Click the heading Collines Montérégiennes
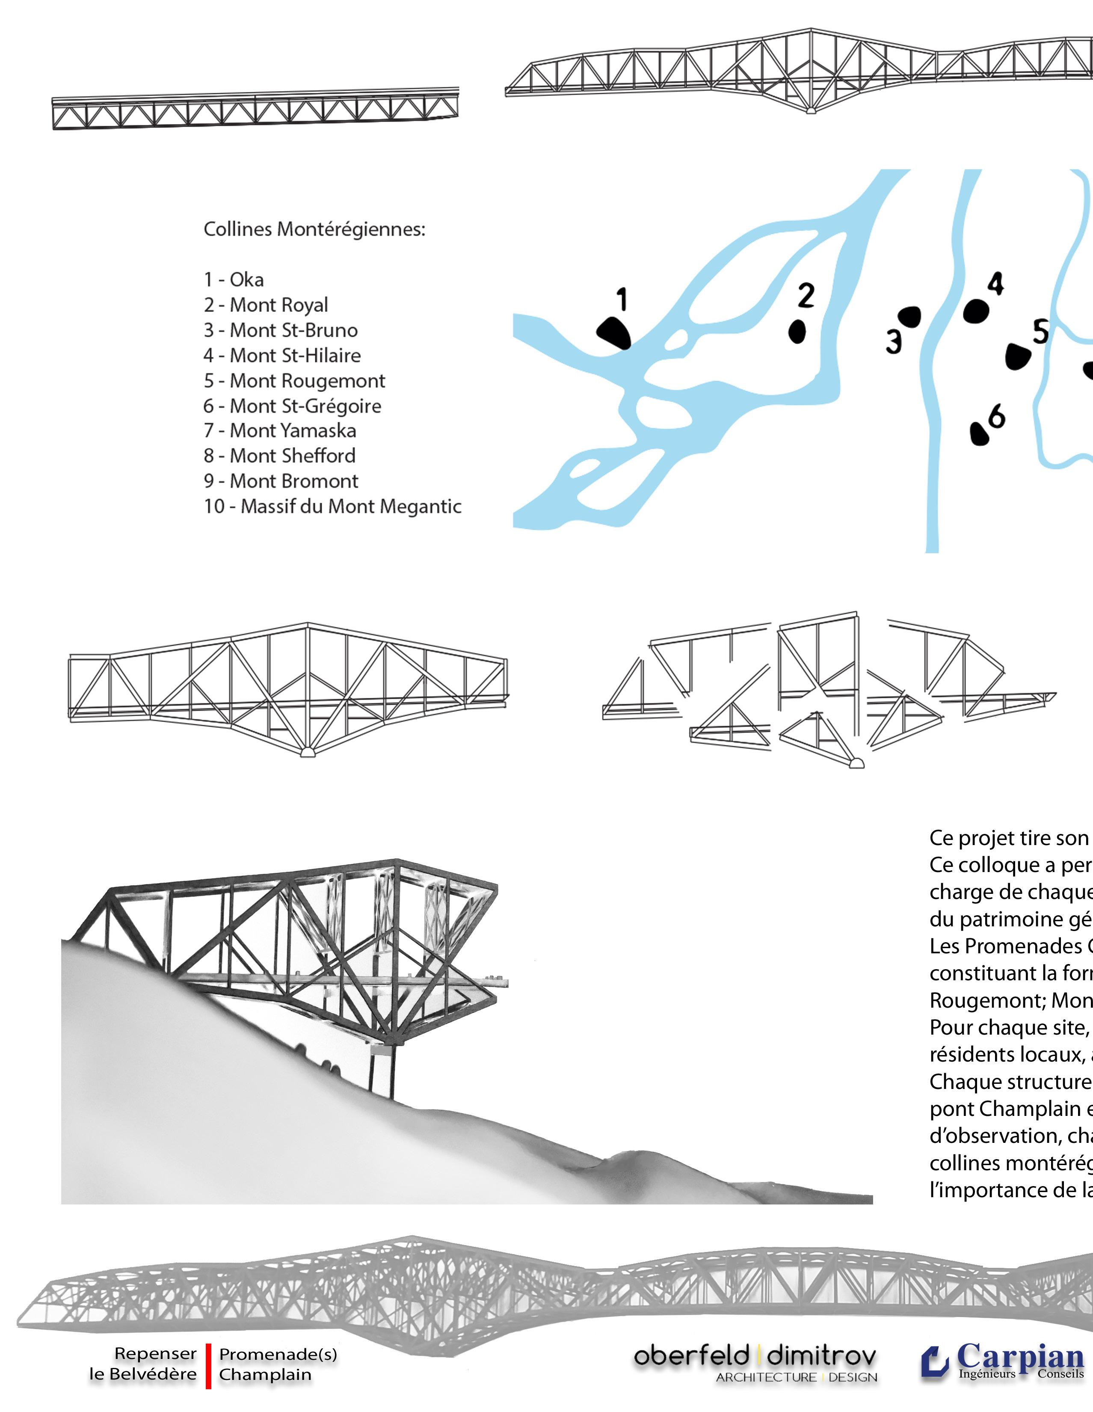[x=315, y=229]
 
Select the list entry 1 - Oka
[x=234, y=279]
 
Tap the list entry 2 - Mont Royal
[x=266, y=305]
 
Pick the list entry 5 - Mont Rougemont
[x=294, y=381]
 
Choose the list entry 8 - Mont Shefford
[x=279, y=456]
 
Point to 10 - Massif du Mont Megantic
[x=332, y=506]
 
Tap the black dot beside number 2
[x=797, y=331]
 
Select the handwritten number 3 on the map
[x=893, y=341]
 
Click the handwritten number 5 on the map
[x=1040, y=332]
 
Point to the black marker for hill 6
[x=980, y=433]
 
